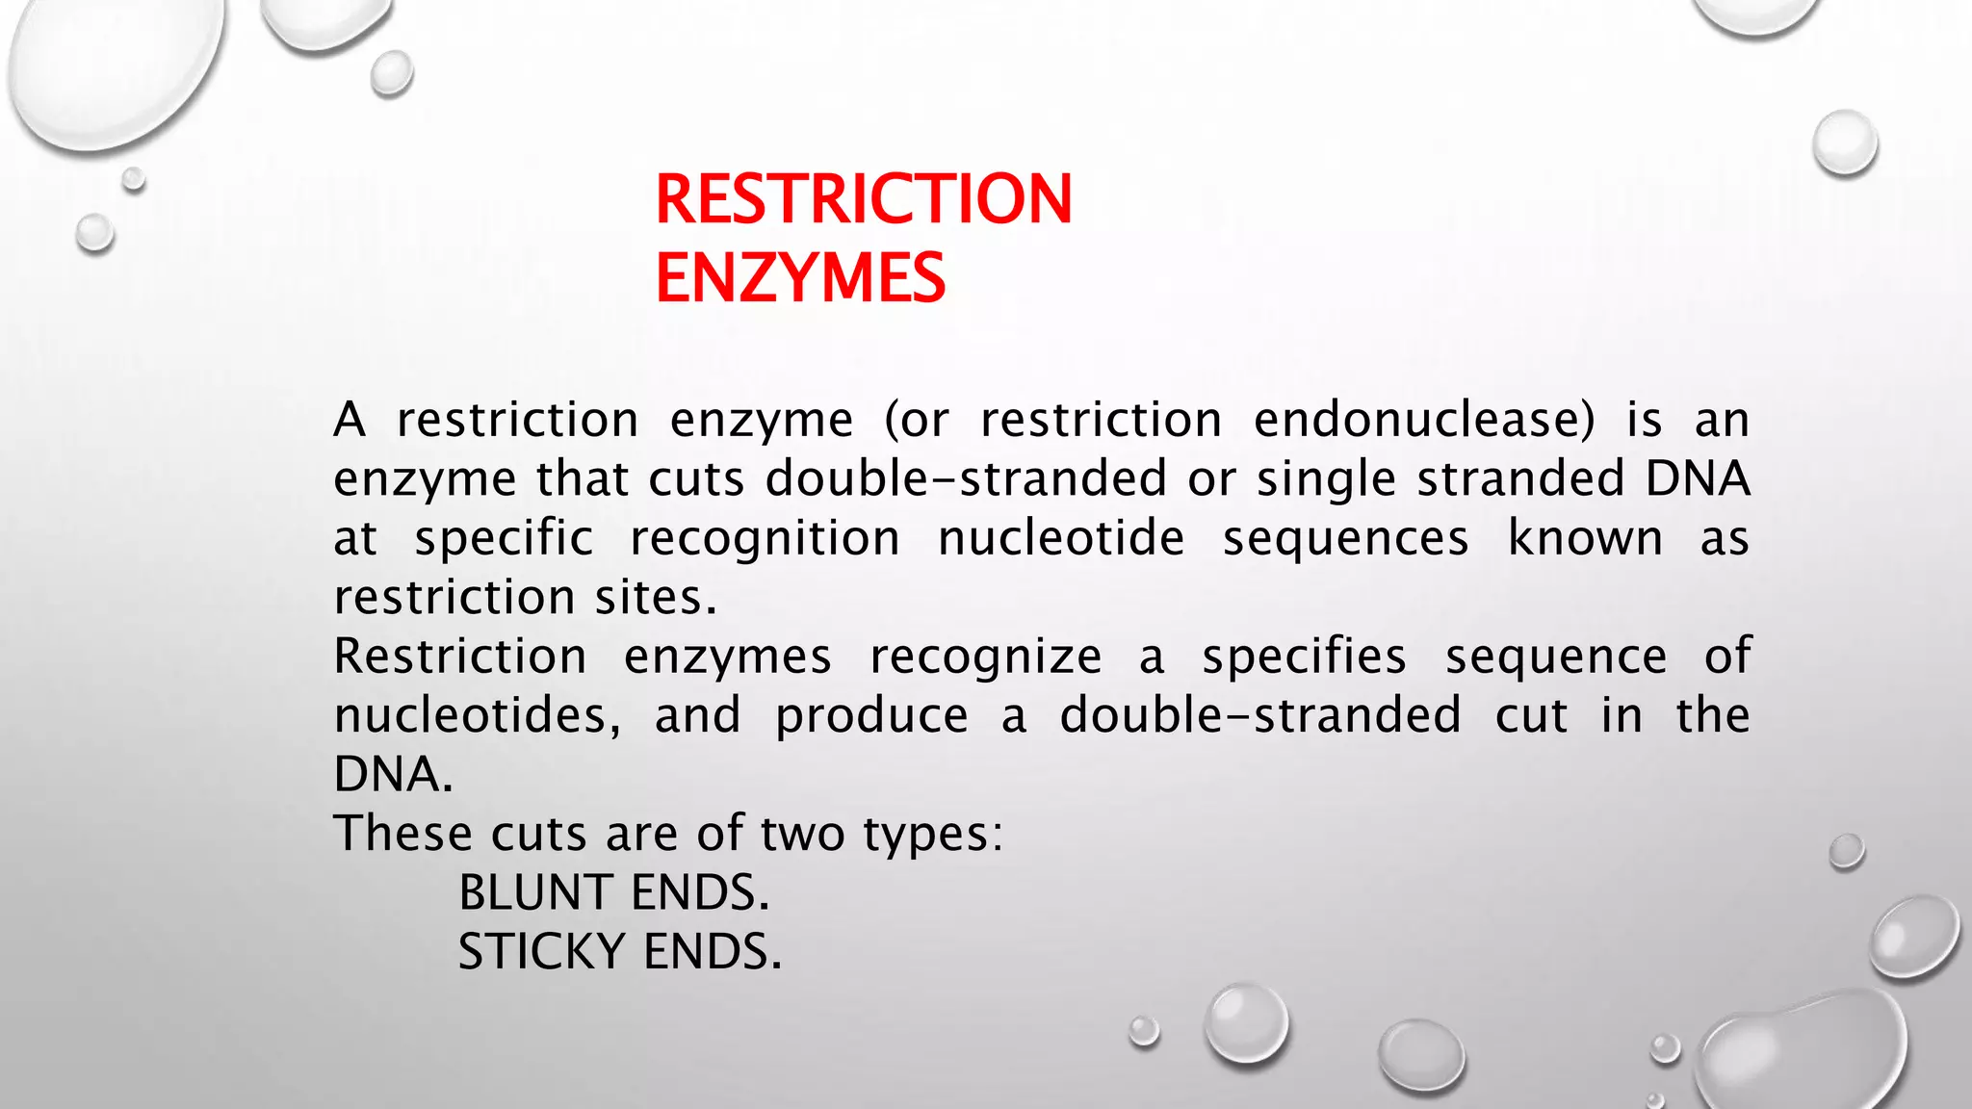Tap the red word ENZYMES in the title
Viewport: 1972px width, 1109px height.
(800, 278)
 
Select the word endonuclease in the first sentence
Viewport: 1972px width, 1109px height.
(1424, 420)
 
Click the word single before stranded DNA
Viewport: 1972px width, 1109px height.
(1326, 479)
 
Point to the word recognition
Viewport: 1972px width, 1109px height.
(765, 538)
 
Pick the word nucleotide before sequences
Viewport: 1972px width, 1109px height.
(1061, 538)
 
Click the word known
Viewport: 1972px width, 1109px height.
(1585, 538)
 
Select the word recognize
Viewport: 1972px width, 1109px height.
(985, 657)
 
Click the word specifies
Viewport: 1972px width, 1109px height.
(1304, 657)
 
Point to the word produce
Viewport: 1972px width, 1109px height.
(871, 716)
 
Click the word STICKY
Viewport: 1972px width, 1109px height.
(542, 952)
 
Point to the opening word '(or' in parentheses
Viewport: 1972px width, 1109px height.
(917, 420)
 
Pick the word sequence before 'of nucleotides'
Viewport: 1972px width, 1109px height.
(1556, 657)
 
